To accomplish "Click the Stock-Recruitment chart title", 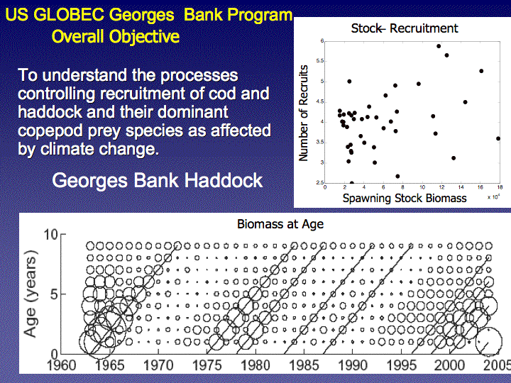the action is pyautogui.click(x=405, y=28).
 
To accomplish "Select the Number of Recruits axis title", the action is pyautogui.click(x=304, y=113).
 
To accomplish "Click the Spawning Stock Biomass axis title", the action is pyautogui.click(x=405, y=198).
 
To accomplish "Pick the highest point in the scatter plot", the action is pyautogui.click(x=439, y=46).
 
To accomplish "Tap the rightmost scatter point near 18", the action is pyautogui.click(x=498, y=139).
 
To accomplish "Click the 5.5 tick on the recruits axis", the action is pyautogui.click(x=319, y=61).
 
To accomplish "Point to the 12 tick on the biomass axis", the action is pyautogui.click(x=441, y=187).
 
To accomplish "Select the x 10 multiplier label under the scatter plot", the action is pyautogui.click(x=494, y=196).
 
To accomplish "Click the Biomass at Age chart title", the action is pyautogui.click(x=280, y=224).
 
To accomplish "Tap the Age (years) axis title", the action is pyautogui.click(x=31, y=294).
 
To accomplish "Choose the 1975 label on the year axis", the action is pyautogui.click(x=207, y=365).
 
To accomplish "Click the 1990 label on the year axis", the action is pyautogui.click(x=353, y=365).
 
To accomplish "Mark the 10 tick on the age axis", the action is pyautogui.click(x=51, y=235).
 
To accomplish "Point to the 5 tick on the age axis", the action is pyautogui.click(x=54, y=294).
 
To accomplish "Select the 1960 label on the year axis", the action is pyautogui.click(x=62, y=365).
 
